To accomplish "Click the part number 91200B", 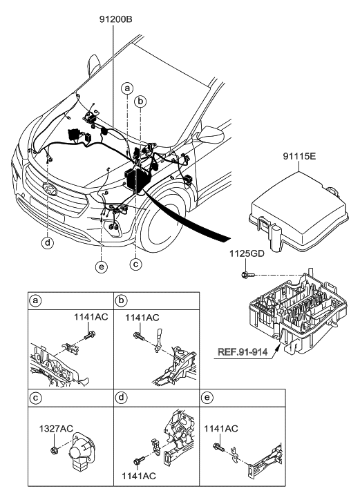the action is tap(115, 20).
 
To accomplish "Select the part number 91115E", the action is tap(299, 157).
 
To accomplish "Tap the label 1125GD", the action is tap(247, 254).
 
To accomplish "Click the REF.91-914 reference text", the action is tap(243, 352).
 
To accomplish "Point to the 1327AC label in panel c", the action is tap(56, 428).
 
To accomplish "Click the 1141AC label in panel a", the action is tap(91, 317).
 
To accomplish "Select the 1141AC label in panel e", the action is tap(221, 428).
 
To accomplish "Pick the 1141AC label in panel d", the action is tap(139, 476).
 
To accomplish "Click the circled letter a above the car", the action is tap(127, 88).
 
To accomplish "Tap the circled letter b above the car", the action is tap(140, 102).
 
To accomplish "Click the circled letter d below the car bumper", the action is tap(48, 243).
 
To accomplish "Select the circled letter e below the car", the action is tap(102, 268).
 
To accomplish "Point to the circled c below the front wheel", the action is tap(136, 264).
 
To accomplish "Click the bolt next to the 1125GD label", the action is tap(248, 274).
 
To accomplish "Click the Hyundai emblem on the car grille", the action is tap(50, 189).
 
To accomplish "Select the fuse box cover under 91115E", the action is tap(299, 213).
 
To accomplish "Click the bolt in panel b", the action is tap(139, 336).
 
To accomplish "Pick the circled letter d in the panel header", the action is tap(121, 398).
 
